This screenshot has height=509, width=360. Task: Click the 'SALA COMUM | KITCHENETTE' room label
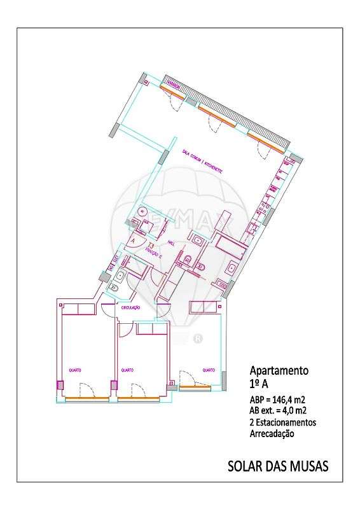202,162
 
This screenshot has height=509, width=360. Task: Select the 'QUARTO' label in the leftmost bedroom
75,369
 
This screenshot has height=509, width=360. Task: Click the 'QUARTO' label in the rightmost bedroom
207,369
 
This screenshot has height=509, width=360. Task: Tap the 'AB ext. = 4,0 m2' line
277,411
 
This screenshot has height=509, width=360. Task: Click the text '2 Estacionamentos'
282,422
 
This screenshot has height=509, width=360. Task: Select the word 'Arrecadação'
272,434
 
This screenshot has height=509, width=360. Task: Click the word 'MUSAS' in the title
307,466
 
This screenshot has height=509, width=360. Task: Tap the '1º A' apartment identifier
260,384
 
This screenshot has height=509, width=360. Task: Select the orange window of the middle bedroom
138,399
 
